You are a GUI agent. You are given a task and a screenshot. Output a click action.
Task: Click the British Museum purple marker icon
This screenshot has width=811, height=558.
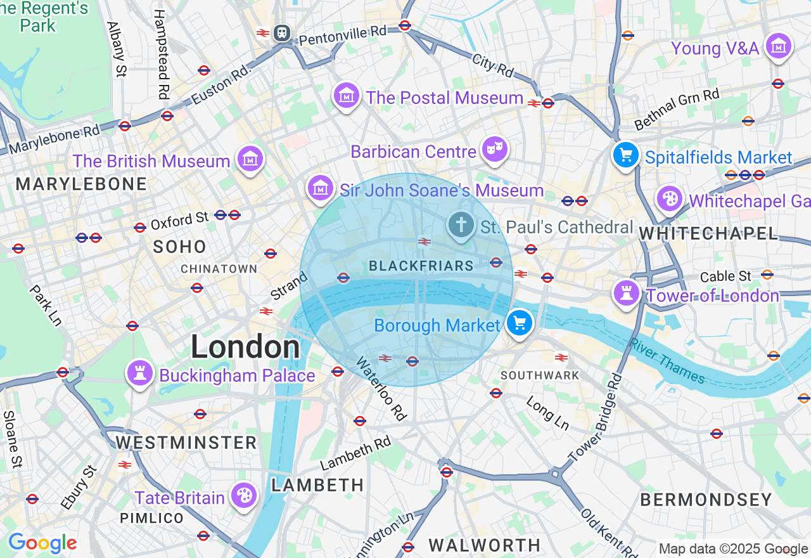tap(250, 159)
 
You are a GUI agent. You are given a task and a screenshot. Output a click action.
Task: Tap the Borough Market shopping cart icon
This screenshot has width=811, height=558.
tap(520, 323)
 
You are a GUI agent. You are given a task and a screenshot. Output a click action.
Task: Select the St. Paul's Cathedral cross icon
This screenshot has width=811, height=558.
tap(462, 224)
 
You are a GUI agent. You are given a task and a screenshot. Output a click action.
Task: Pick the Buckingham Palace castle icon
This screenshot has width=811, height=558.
tap(141, 373)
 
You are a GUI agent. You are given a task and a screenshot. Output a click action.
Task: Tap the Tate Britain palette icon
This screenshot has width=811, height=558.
tap(244, 495)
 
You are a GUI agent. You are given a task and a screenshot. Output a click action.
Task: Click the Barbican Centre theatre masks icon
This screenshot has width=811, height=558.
tap(494, 150)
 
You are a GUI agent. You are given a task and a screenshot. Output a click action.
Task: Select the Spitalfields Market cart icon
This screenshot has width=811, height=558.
tap(626, 155)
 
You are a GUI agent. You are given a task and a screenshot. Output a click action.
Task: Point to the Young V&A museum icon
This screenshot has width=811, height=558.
tap(779, 46)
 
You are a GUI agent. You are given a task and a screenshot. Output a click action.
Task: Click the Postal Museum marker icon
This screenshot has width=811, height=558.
tap(347, 96)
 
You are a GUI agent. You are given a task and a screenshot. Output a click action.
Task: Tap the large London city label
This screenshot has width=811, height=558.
tap(245, 347)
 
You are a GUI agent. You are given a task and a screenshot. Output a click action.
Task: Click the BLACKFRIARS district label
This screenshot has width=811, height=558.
tap(421, 266)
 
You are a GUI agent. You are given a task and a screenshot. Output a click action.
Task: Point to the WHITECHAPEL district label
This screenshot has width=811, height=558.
tap(708, 233)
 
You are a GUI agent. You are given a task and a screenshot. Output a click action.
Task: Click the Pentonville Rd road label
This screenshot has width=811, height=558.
tap(343, 35)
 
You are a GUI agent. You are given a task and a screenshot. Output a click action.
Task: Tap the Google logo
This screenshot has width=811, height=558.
tap(42, 543)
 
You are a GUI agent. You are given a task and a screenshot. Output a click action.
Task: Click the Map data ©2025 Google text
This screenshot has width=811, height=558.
tap(733, 549)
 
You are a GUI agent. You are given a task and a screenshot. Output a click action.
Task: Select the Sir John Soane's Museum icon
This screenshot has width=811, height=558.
tap(321, 188)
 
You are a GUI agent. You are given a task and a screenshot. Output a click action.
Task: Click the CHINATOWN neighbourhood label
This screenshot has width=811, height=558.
tap(219, 269)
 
